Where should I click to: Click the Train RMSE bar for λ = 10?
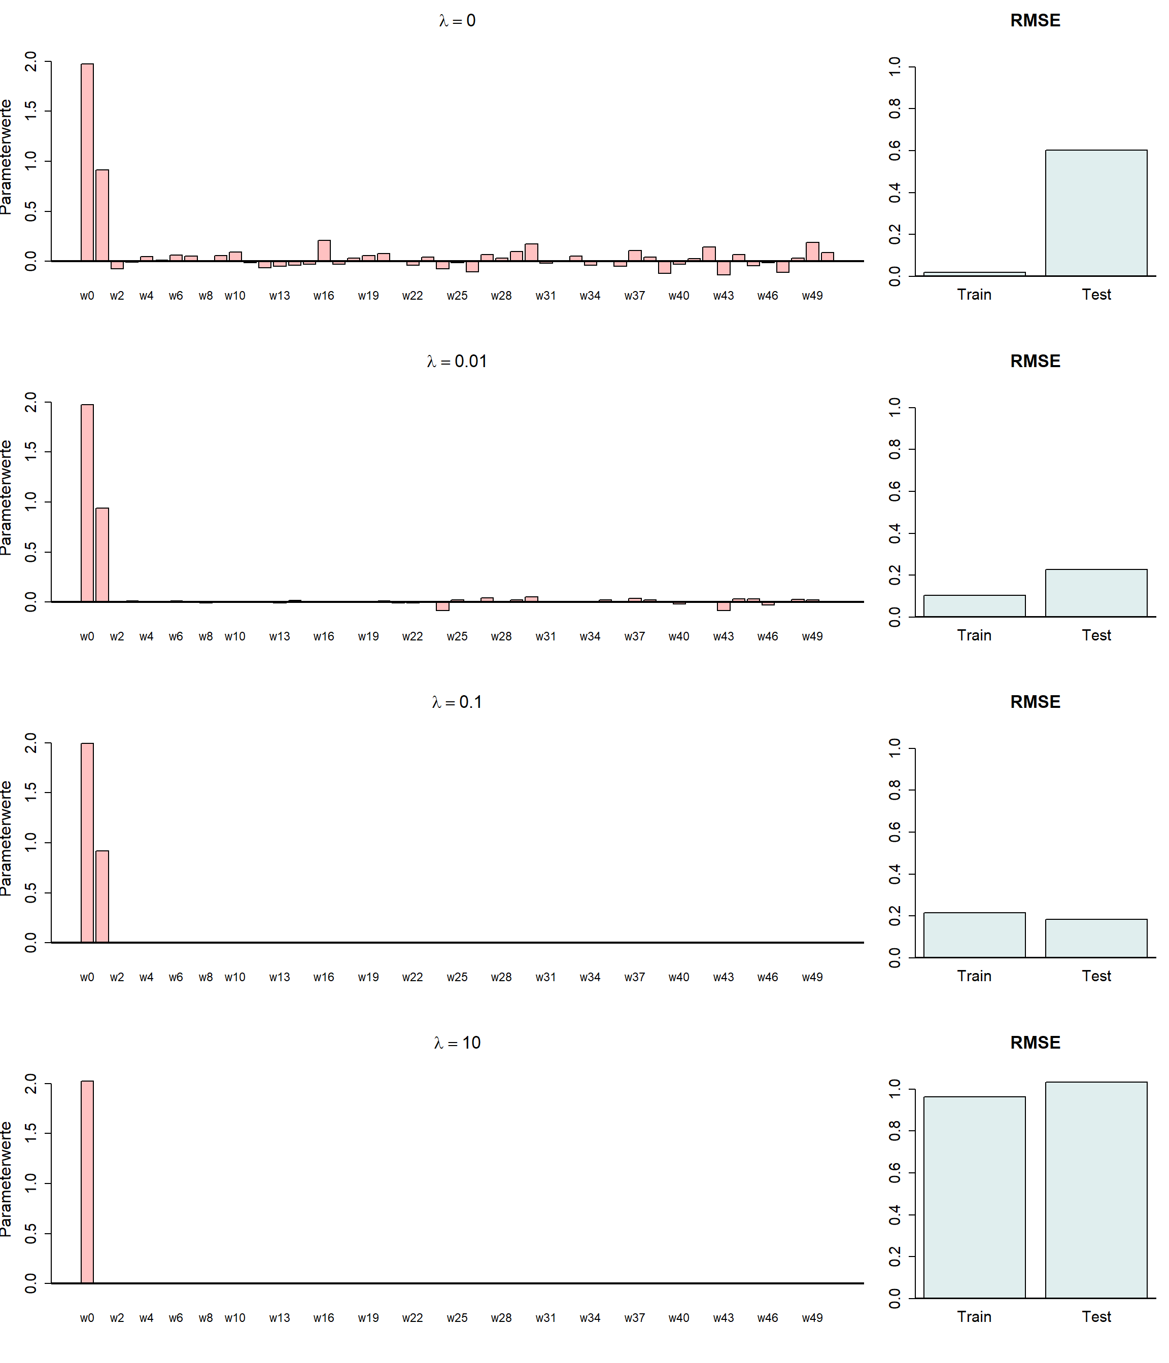(974, 1197)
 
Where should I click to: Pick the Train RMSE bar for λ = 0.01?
(974, 606)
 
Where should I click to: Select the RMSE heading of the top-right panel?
(1035, 20)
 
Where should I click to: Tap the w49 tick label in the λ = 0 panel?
(812, 296)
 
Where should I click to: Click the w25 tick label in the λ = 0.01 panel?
(457, 637)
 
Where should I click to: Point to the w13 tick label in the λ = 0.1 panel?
(279, 978)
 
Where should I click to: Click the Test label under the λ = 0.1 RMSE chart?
(1095, 976)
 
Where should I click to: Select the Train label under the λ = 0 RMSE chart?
(974, 295)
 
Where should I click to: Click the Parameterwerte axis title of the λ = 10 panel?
(7, 1179)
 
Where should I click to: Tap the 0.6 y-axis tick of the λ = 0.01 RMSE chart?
(895, 491)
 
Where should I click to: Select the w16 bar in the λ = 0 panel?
(324, 250)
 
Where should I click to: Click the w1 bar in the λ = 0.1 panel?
(102, 896)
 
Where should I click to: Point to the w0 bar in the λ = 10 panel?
(87, 1182)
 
